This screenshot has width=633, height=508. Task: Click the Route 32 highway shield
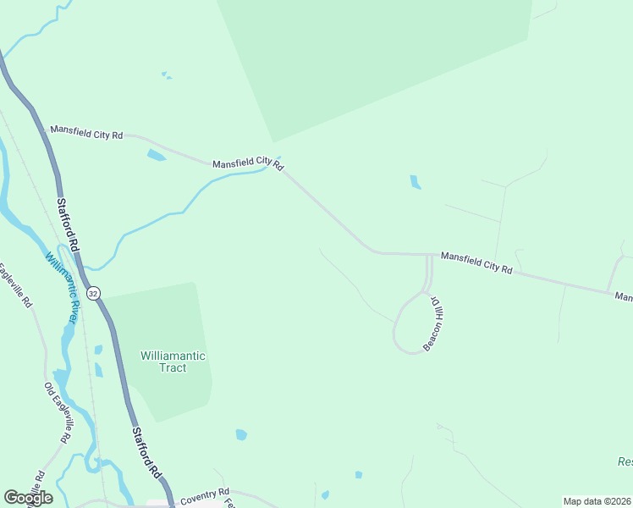click(93, 293)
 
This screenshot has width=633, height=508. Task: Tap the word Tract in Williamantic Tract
click(173, 368)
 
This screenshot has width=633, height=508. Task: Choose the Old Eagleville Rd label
click(56, 412)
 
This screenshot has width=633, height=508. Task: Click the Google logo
click(28, 497)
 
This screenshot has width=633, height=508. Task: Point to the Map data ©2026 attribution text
click(597, 501)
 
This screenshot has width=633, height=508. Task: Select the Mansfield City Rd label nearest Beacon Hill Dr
click(476, 262)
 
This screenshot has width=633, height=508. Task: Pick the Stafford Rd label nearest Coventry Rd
click(145, 453)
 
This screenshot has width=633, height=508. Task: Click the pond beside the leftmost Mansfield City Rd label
click(157, 155)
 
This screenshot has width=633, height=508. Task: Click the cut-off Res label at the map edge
click(625, 462)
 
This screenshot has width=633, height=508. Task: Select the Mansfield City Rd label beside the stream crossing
click(247, 163)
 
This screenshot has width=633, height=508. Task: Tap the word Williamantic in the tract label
click(173, 356)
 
